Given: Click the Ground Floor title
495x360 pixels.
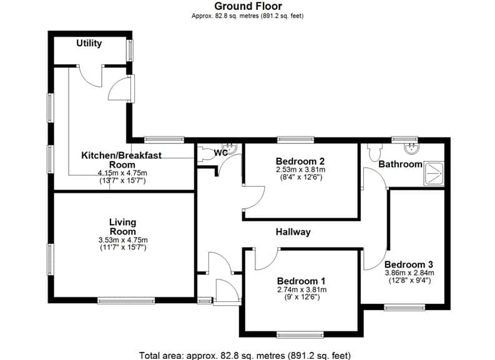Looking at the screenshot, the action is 248,6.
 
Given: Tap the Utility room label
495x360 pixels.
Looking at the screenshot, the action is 89,43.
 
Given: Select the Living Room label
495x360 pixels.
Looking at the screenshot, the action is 123,227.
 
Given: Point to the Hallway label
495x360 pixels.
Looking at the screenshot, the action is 293,232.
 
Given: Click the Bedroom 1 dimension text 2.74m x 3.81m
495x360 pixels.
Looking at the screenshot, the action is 301,289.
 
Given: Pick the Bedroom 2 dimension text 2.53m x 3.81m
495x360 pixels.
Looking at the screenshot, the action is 300,170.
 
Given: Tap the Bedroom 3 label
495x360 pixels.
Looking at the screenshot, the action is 409,265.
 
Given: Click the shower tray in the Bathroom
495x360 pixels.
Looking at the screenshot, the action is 434,173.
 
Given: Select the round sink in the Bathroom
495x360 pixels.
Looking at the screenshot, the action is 411,148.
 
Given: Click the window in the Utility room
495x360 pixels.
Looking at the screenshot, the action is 130,50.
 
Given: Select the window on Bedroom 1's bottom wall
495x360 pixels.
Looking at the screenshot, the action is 300,334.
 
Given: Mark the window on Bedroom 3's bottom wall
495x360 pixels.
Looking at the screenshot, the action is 404,308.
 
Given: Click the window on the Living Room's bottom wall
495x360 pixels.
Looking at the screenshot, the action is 126,301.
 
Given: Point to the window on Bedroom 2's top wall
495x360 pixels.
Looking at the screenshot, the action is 296,140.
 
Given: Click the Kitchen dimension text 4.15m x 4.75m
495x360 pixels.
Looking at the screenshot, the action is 122,173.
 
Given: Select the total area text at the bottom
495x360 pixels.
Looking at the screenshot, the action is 245,356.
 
